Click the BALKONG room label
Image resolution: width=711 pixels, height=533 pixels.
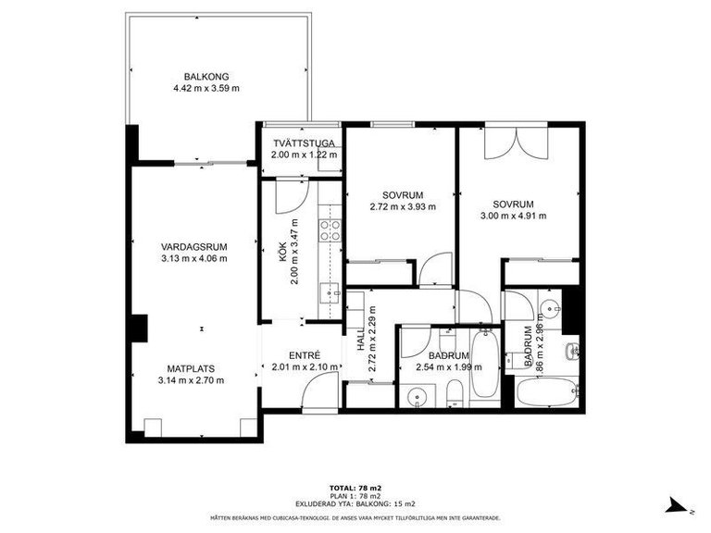click(206, 77)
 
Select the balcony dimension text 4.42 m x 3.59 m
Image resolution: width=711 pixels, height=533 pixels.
click(206, 89)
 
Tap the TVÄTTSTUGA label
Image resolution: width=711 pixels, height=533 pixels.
click(302, 143)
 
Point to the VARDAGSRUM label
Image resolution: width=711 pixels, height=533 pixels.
click(193, 246)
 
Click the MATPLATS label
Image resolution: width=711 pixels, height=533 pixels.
click(193, 367)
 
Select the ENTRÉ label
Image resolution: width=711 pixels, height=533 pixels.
click(304, 354)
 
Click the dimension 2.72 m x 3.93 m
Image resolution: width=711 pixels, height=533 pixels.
click(402, 207)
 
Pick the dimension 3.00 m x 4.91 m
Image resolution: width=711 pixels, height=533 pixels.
click(513, 217)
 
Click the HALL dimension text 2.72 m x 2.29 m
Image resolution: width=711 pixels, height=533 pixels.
click(372, 340)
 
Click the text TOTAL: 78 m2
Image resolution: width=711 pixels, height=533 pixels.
click(355, 487)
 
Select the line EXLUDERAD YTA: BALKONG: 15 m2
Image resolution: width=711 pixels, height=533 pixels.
click(355, 503)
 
